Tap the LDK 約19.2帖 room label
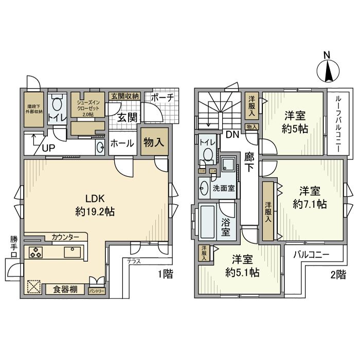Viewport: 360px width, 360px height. pyautogui.click(x=96, y=205)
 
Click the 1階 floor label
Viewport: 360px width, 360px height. pyautogui.click(x=164, y=275)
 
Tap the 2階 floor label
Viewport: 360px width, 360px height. pyautogui.click(x=338, y=275)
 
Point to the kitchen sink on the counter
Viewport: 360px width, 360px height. pyautogui.click(x=71, y=253)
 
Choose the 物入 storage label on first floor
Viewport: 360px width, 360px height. pyautogui.click(x=153, y=142)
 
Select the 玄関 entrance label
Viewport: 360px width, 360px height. pyautogui.click(x=127, y=117)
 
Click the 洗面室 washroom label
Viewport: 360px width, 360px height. pyautogui.click(x=224, y=188)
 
